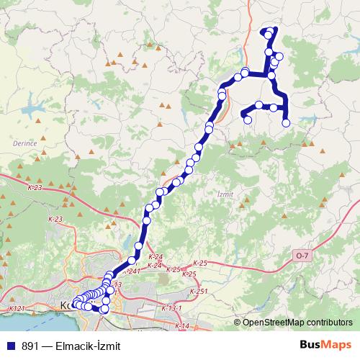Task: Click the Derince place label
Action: [24, 144]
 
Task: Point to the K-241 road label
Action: [131, 271]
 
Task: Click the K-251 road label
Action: [199, 290]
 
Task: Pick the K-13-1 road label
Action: [171, 308]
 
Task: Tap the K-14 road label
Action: [181, 326]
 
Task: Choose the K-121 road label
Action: [17, 308]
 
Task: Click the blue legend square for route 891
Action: [10, 346]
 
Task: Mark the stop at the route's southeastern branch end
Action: [286, 123]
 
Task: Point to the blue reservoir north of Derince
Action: [33, 112]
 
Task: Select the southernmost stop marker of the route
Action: [104, 310]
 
